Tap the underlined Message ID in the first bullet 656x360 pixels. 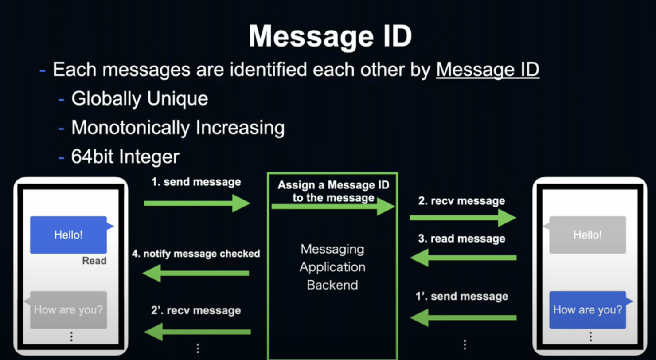click(x=488, y=70)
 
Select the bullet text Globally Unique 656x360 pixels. click(x=140, y=99)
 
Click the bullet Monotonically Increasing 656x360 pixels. click(x=178, y=128)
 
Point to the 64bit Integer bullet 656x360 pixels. click(x=125, y=156)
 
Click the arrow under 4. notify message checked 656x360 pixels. click(x=195, y=273)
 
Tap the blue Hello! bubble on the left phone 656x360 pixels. click(x=69, y=235)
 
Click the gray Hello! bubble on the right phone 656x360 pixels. click(x=587, y=235)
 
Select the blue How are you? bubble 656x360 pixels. click(x=587, y=310)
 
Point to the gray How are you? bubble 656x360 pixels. click(x=69, y=310)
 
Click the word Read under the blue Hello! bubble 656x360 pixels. click(x=94, y=261)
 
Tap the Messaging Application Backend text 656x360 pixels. click(x=332, y=267)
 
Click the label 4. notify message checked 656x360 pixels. click(x=196, y=254)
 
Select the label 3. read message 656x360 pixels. click(x=461, y=239)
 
